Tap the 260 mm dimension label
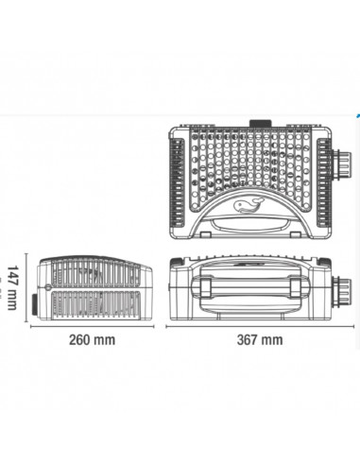click(x=92, y=340)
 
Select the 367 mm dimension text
click(x=260, y=340)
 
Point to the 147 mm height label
click(x=12, y=287)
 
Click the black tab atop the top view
click(x=260, y=124)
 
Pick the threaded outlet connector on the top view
click(x=341, y=164)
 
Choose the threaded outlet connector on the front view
click(x=341, y=290)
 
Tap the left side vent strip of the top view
click(x=178, y=183)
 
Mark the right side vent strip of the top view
click(x=323, y=183)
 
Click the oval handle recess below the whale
click(x=250, y=225)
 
